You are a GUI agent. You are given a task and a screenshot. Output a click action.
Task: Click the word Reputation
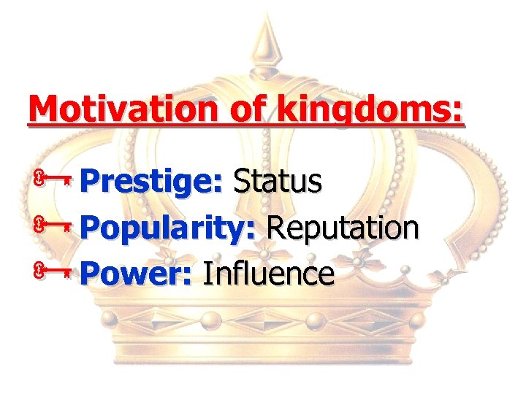click(343, 228)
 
